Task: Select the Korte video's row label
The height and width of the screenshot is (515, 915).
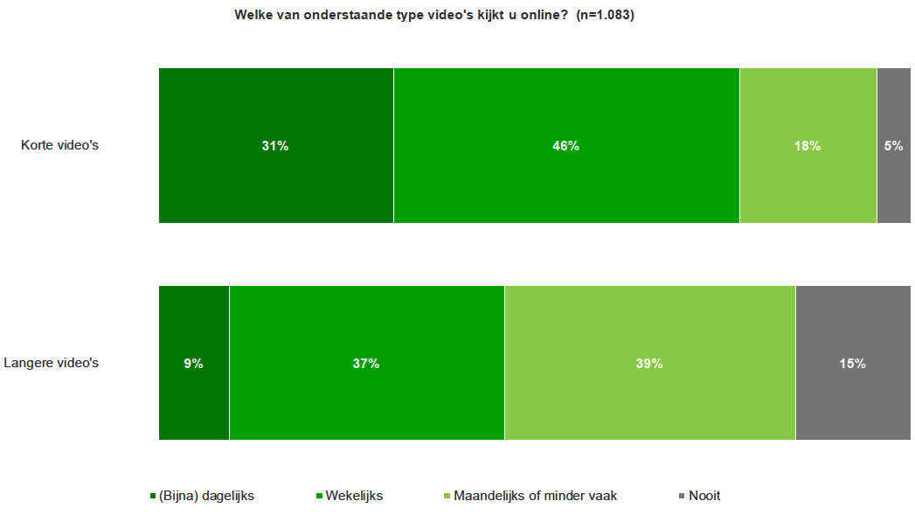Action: pyautogui.click(x=59, y=145)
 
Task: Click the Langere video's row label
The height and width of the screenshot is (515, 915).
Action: pyautogui.click(x=52, y=363)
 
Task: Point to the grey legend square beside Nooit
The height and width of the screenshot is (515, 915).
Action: pyautogui.click(x=682, y=497)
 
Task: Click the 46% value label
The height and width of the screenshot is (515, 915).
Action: pyautogui.click(x=566, y=146)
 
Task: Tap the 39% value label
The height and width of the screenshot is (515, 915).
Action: pyautogui.click(x=649, y=364)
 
